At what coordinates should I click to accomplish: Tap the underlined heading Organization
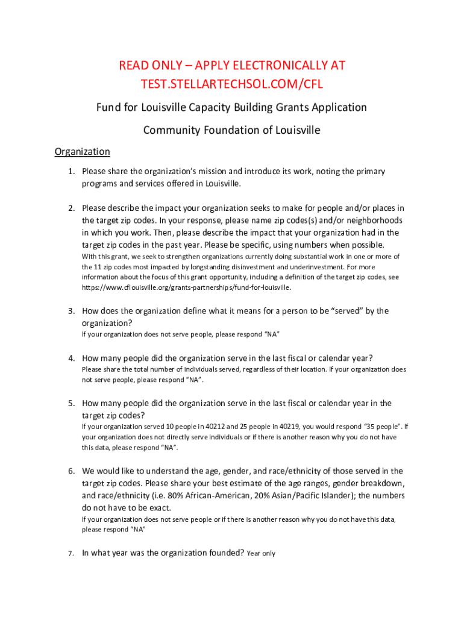coord(82,151)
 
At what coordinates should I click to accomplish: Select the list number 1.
coord(71,172)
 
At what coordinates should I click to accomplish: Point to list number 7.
coord(71,553)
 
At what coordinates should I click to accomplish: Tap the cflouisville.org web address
coord(186,287)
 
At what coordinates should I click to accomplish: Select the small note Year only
coord(261,553)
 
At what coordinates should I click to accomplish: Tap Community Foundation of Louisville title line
coord(232,130)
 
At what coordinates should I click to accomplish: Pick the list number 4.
coord(71,359)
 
